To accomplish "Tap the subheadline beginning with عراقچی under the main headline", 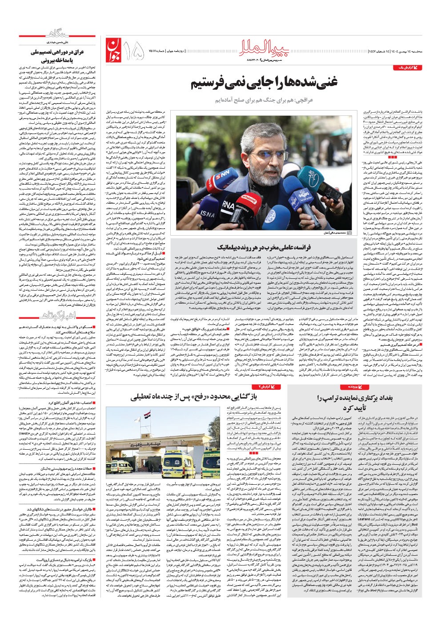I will tap(264, 100).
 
